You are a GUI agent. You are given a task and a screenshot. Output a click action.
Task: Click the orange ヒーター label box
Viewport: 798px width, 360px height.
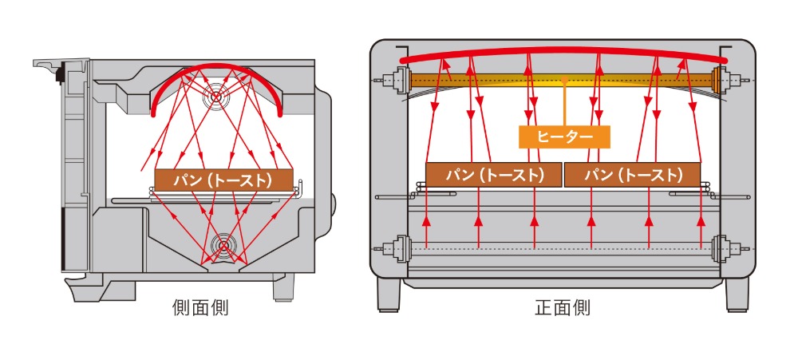point(564,136)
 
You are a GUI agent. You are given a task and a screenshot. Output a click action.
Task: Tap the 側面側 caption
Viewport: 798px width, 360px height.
point(200,308)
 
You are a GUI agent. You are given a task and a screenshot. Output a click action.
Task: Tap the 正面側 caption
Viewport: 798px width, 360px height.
point(563,308)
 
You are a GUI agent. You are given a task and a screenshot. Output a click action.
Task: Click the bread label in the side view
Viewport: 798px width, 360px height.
point(224,180)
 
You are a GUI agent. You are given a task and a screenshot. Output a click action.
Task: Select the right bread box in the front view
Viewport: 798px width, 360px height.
point(633,175)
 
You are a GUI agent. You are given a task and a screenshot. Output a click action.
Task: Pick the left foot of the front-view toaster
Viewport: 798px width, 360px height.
point(389,295)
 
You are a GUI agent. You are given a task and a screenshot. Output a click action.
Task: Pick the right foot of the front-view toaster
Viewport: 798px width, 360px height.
point(737,295)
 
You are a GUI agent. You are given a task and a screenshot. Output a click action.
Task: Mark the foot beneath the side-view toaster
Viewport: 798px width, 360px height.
point(282,289)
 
